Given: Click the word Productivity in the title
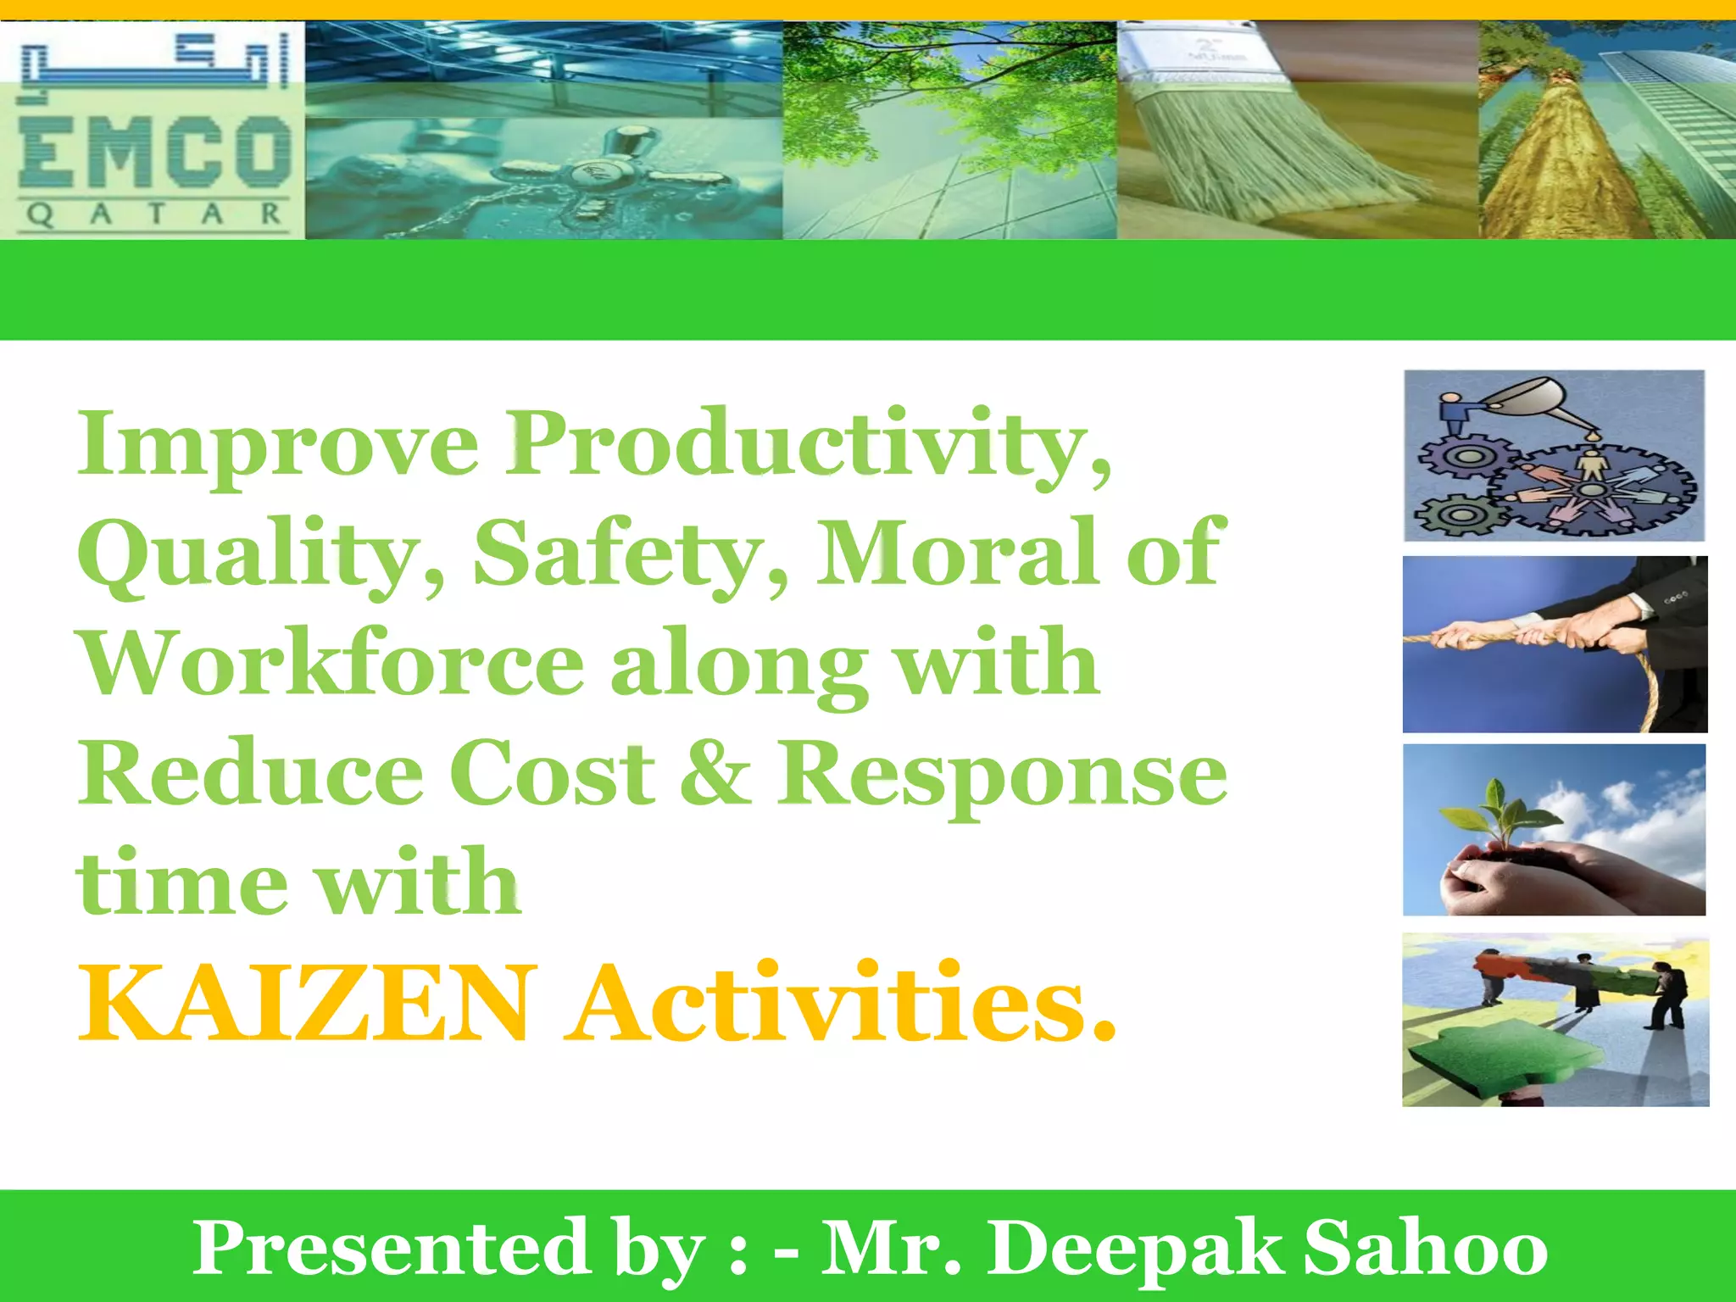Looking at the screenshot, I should [x=810, y=445].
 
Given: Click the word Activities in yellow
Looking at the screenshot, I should [x=839, y=1004].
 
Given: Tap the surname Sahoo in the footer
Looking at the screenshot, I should [x=1425, y=1249].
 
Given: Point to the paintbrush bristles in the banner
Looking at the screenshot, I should [x=1271, y=153].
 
